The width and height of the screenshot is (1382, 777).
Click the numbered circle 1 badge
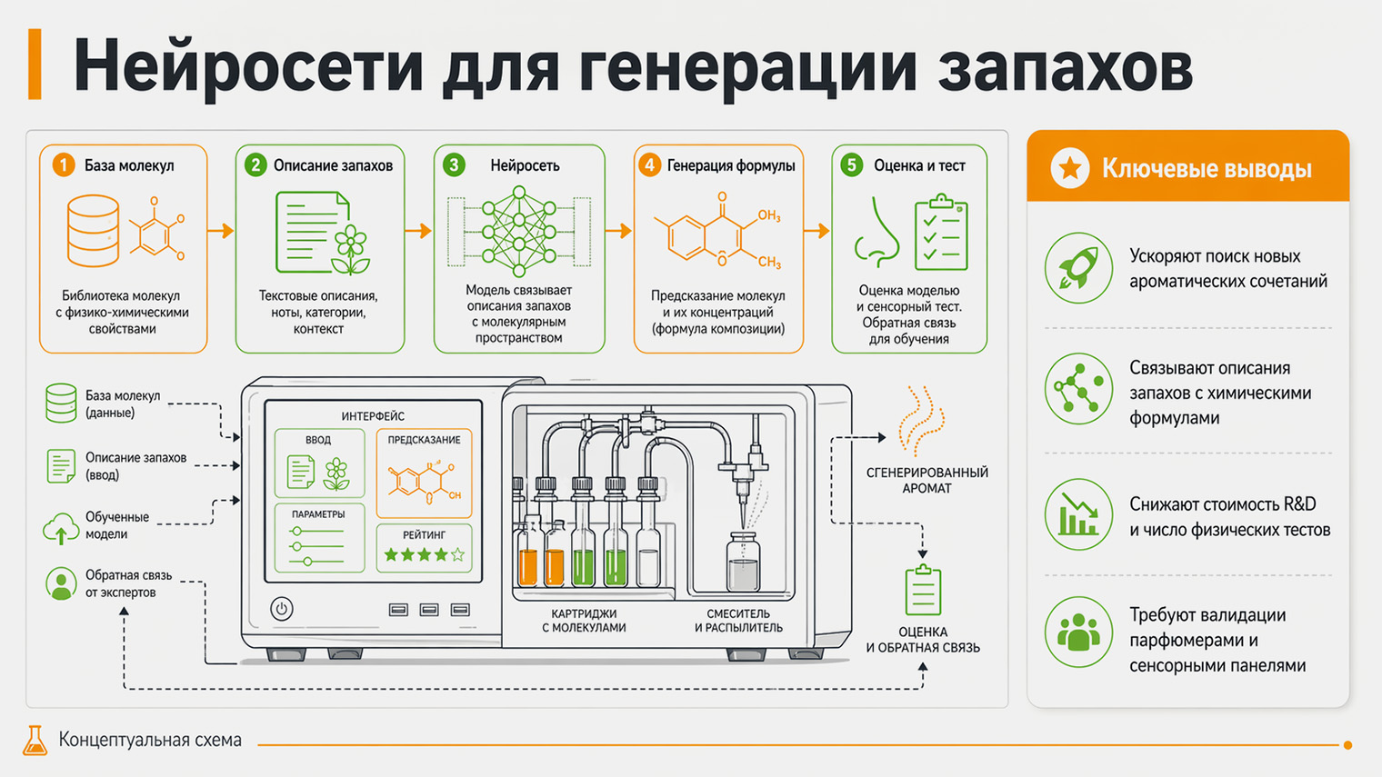(63, 164)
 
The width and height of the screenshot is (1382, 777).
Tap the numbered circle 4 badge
(648, 164)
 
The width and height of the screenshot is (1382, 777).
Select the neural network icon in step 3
(518, 231)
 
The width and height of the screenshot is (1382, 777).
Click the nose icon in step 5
(876, 234)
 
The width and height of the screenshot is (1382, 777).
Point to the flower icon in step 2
(351, 248)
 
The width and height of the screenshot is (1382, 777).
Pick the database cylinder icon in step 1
(93, 231)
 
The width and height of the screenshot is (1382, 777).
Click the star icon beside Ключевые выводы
(1069, 168)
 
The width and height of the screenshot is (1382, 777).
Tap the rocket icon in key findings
(1078, 267)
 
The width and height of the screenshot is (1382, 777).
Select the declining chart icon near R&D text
(1078, 514)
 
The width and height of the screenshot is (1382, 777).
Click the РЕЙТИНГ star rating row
(424, 554)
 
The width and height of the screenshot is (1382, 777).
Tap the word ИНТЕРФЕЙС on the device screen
(373, 416)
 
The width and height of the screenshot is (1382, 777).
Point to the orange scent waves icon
(920, 420)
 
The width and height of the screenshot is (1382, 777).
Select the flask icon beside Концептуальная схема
(35, 741)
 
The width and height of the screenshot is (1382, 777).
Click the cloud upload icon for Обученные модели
(61, 527)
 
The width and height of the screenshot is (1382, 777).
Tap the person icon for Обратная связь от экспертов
(61, 583)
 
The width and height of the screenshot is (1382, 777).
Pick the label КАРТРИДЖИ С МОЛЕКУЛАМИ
(584, 621)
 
